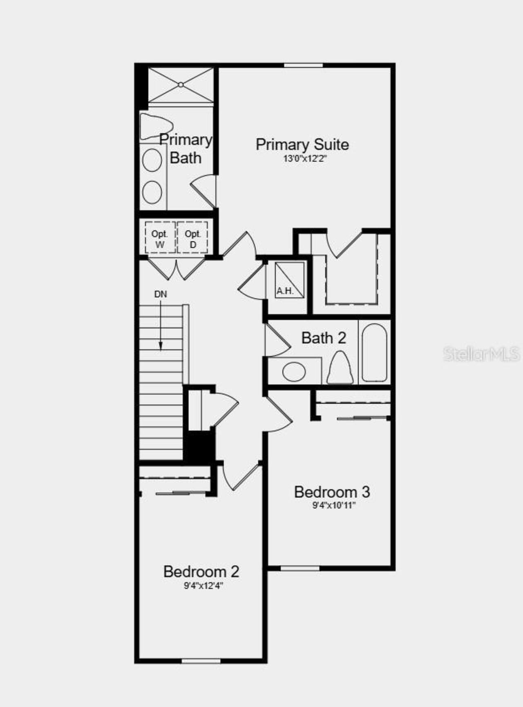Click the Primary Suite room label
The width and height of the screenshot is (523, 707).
click(302, 145)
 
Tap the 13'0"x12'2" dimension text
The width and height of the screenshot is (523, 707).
click(305, 159)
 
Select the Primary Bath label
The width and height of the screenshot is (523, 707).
click(186, 148)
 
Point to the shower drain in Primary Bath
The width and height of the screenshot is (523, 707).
click(181, 85)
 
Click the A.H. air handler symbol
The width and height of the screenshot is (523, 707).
click(289, 280)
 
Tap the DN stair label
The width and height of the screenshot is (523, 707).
click(161, 294)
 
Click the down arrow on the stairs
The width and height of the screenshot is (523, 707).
click(161, 327)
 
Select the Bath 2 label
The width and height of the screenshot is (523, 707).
click(324, 338)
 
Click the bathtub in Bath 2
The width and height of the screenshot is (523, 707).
click(374, 353)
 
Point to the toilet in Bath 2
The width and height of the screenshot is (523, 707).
click(340, 368)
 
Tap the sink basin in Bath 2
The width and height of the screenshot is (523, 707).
click(294, 372)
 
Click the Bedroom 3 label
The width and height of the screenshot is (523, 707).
click(332, 492)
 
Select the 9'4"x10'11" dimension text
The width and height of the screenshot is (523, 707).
click(334, 506)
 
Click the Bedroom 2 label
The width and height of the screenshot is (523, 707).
click(201, 571)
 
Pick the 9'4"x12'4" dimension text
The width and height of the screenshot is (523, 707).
click(203, 586)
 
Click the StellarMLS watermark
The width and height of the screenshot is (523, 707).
click(481, 354)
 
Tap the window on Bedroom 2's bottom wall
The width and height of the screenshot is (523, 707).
click(201, 661)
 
